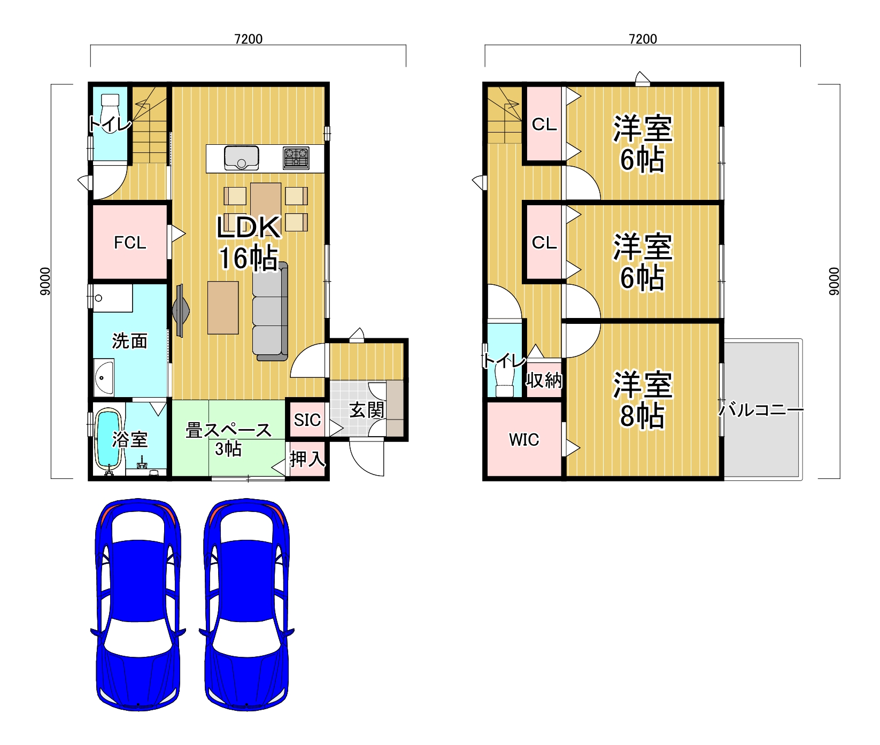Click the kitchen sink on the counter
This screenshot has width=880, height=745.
[x=241, y=158]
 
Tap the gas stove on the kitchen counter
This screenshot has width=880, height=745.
[x=296, y=158]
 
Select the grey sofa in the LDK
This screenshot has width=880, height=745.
[x=270, y=311]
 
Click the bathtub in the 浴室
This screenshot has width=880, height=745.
[x=108, y=439]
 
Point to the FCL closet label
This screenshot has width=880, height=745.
[x=130, y=243]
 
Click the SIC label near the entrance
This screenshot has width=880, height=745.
[x=307, y=420]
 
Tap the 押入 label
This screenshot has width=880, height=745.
[x=307, y=459]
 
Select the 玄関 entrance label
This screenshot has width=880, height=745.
[x=367, y=410]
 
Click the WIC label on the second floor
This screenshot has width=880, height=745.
[x=524, y=440]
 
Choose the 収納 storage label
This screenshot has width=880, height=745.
[x=544, y=381]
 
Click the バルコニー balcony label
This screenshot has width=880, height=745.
[x=760, y=410]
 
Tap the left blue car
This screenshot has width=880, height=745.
[x=138, y=604]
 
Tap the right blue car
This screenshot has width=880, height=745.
[x=246, y=604]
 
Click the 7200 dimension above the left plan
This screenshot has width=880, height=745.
[x=248, y=39]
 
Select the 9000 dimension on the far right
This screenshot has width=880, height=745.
[x=834, y=281]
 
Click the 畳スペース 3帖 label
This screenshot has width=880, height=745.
[x=228, y=439]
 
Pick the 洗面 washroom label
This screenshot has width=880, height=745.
[x=129, y=341]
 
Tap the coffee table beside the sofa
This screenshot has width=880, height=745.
[x=223, y=308]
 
